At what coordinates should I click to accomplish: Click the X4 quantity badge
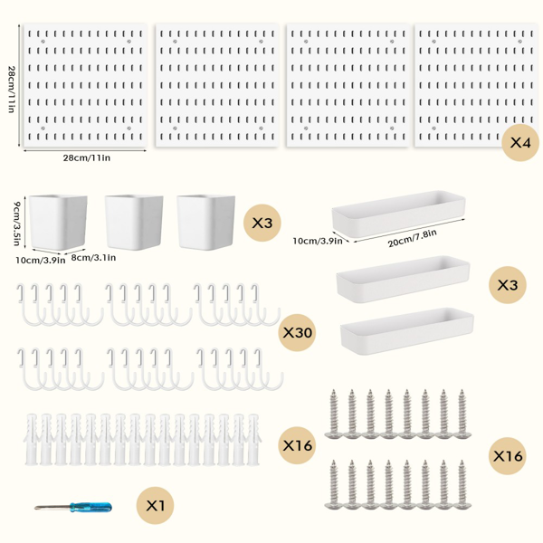pyautogui.click(x=520, y=142)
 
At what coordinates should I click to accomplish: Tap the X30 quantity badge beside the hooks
pyautogui.click(x=297, y=332)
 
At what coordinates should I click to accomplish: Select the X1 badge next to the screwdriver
pyautogui.click(x=155, y=506)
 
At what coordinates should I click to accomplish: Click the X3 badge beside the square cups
pyautogui.click(x=262, y=223)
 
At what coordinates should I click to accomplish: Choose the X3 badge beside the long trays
pyautogui.click(x=508, y=285)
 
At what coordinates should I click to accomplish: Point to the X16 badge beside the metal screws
pyautogui.click(x=508, y=456)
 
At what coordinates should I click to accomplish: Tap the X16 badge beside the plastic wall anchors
pyautogui.click(x=297, y=445)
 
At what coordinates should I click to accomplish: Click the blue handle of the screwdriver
pyautogui.click(x=90, y=508)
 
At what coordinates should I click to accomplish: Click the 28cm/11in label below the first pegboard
pyautogui.click(x=87, y=157)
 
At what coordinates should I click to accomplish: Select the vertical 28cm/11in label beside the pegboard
pyautogui.click(x=11, y=89)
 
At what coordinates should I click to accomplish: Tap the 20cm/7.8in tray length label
pyautogui.click(x=412, y=238)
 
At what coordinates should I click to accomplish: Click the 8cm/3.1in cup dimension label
pyautogui.click(x=93, y=258)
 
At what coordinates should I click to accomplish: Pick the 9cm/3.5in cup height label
pyautogui.click(x=16, y=224)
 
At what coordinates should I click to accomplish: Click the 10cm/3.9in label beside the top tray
pyautogui.click(x=318, y=241)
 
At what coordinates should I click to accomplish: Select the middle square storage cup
pyautogui.click(x=134, y=222)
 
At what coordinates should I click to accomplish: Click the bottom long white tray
pyautogui.click(x=407, y=331)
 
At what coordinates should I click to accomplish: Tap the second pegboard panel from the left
pyautogui.click(x=217, y=85)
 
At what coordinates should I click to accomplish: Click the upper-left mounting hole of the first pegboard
pyautogui.click(x=43, y=42)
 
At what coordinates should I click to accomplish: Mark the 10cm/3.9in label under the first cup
pyautogui.click(x=40, y=260)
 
